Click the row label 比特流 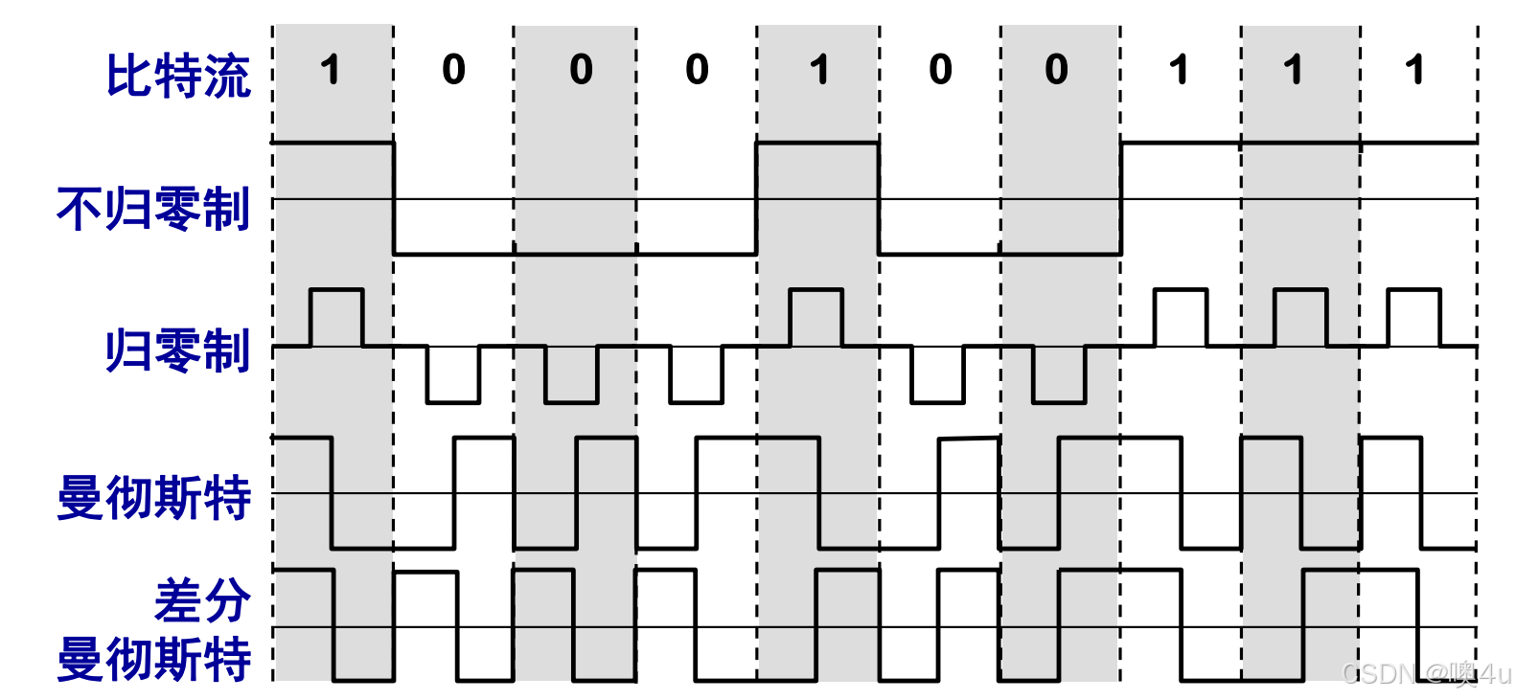(178, 76)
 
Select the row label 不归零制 (153, 209)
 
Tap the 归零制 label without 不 (178, 350)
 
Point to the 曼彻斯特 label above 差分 (153, 498)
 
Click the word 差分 (202, 601)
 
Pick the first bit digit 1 (331, 70)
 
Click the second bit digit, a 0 (453, 70)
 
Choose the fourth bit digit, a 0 (697, 70)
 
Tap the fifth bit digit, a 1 (819, 70)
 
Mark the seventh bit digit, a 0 (1056, 70)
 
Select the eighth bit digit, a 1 (1179, 70)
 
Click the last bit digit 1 (1414, 70)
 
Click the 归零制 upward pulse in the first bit (336, 316)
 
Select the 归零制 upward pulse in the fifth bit (816, 316)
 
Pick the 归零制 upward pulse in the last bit (1413, 316)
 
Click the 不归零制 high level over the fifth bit (817, 144)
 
